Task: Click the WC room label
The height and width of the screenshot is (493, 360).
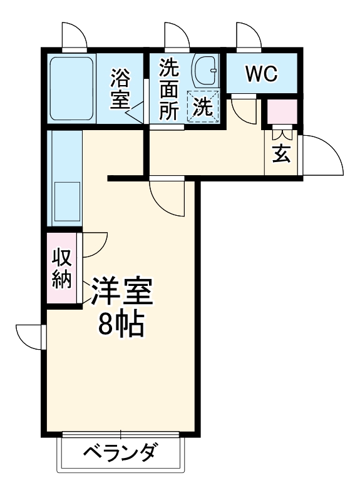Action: click(x=261, y=74)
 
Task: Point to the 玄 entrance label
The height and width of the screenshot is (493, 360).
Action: click(x=282, y=154)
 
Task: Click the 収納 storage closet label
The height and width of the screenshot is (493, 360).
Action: click(x=61, y=268)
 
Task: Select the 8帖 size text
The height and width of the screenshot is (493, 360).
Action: click(x=123, y=324)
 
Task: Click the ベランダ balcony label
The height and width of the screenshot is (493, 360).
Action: click(x=120, y=452)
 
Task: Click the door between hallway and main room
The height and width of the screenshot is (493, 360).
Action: click(x=168, y=197)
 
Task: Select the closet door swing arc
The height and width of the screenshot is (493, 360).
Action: click(x=94, y=245)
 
